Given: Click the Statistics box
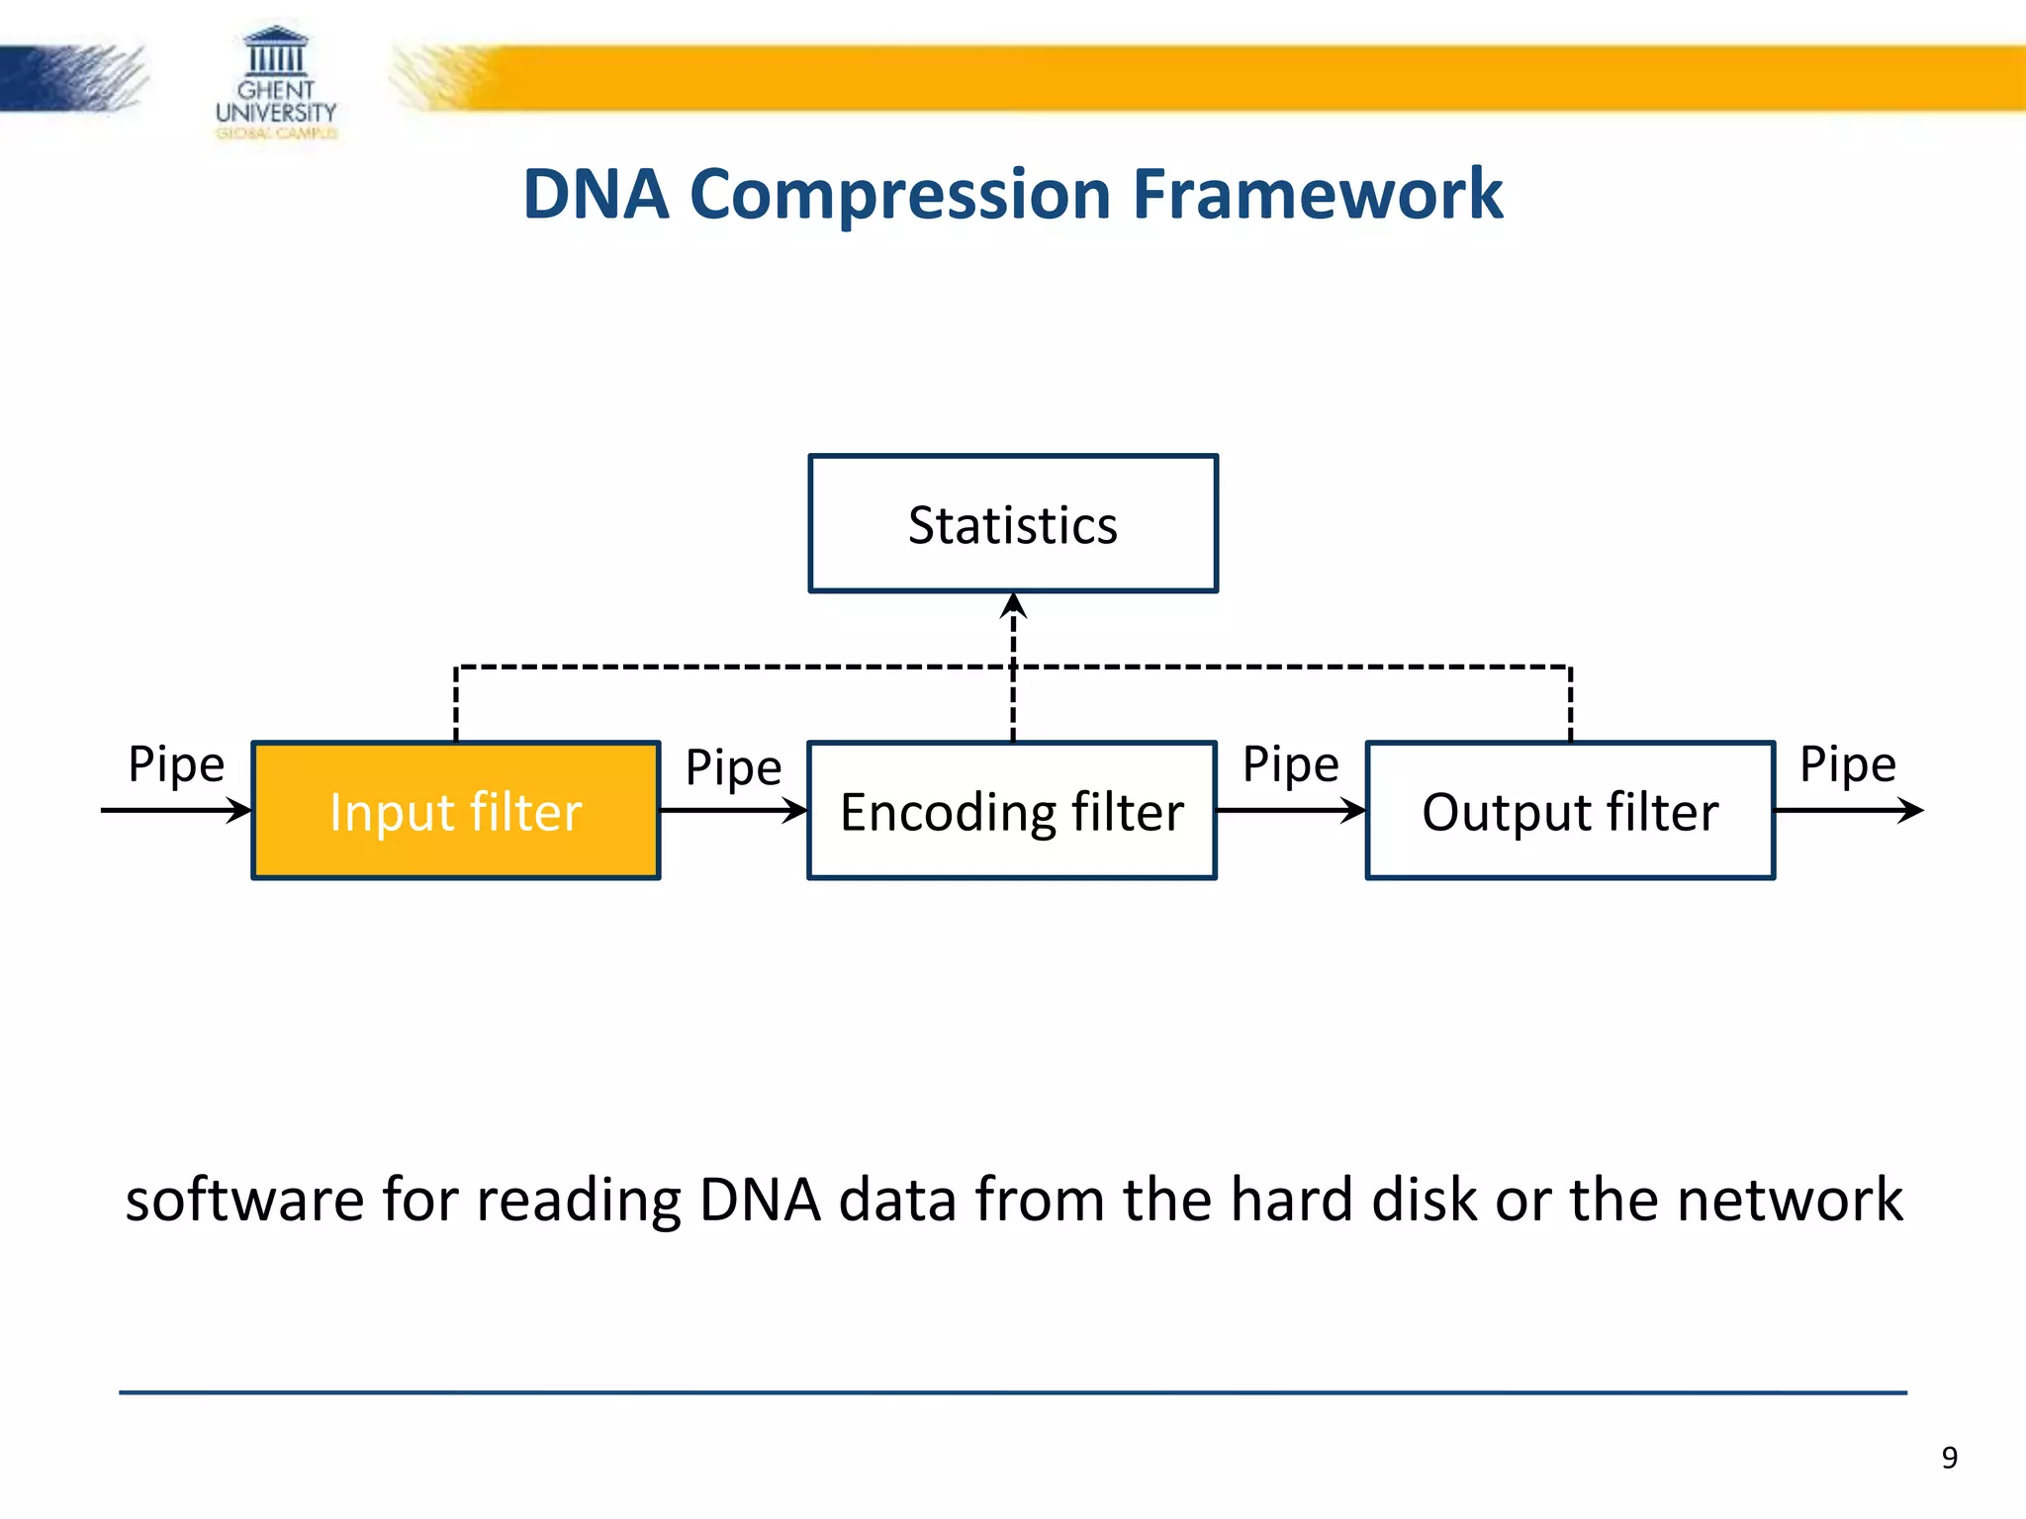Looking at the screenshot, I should (1013, 523).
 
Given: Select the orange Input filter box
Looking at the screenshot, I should (456, 811).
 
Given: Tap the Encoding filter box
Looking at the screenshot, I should (1012, 811).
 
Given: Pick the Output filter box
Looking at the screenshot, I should (1570, 811).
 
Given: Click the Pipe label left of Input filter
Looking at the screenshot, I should (176, 764).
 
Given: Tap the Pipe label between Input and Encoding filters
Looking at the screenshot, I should (733, 767).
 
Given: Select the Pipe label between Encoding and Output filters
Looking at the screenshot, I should (1290, 764).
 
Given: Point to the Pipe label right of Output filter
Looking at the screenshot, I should (1847, 764).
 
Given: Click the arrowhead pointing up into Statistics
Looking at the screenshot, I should (1013, 604).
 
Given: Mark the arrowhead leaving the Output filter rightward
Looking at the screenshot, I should (1911, 811).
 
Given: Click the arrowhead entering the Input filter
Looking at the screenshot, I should (240, 811).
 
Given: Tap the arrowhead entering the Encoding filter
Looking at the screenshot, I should (796, 811).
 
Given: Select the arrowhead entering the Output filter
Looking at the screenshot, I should (1353, 811).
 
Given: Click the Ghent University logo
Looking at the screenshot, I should (276, 85).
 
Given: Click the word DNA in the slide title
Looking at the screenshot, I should (596, 194).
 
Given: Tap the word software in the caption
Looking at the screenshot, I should (244, 1200).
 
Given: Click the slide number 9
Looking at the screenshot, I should (1949, 1458).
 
